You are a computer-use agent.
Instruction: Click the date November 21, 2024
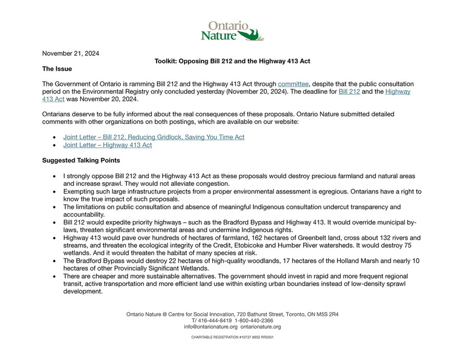click(71, 53)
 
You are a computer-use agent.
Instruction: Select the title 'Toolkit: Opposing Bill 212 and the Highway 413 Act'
click(232, 61)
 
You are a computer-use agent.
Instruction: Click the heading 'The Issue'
click(57, 69)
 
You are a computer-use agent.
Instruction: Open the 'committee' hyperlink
click(293, 84)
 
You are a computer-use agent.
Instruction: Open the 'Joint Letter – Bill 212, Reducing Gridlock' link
click(153, 137)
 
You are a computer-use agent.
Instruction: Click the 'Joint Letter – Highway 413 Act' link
click(107, 145)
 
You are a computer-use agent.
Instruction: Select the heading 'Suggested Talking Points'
click(81, 160)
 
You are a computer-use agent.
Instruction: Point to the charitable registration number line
click(232, 337)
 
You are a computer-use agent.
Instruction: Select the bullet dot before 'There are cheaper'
click(55, 277)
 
